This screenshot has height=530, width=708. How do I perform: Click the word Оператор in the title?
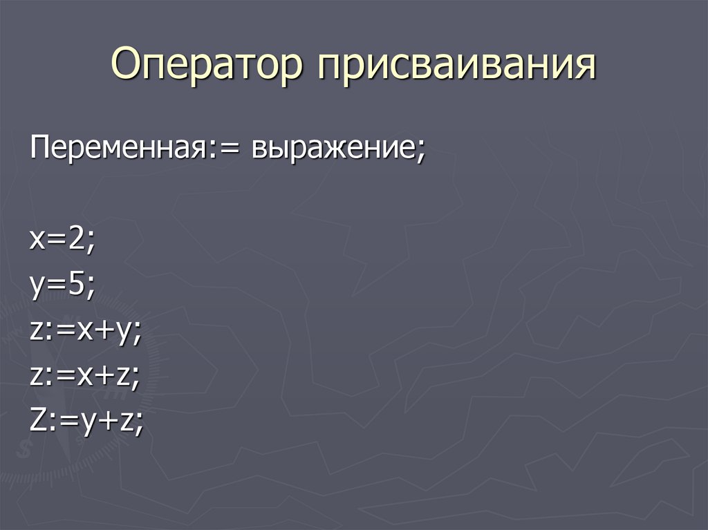tap(207, 66)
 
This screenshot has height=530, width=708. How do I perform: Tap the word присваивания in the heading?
tap(456, 67)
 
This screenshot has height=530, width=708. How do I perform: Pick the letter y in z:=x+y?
tap(124, 334)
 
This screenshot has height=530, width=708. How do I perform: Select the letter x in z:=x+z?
tap(84, 377)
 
